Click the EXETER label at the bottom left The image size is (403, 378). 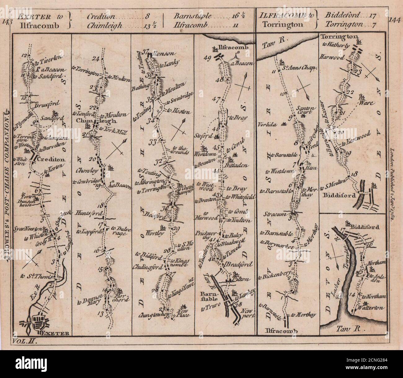tap(54, 333)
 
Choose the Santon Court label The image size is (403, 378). tap(306, 111)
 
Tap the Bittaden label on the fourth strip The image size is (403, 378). tap(238, 166)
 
